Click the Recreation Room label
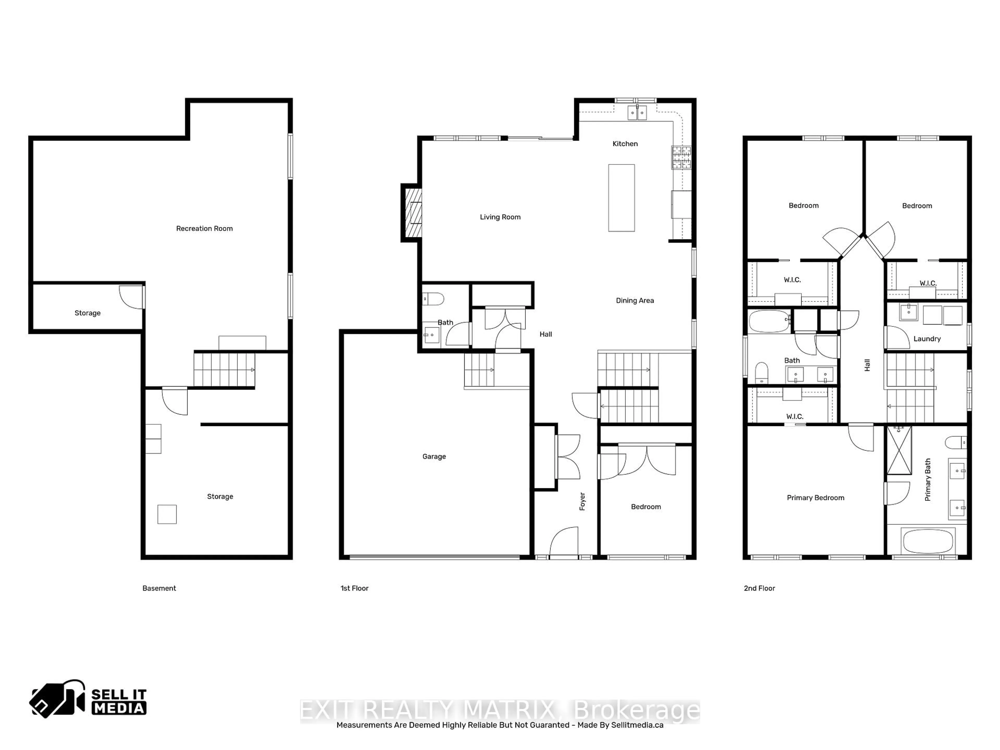[x=204, y=229]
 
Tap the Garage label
[x=434, y=457]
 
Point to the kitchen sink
[x=637, y=113]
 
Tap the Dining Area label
[x=635, y=301]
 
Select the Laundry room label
[x=927, y=339]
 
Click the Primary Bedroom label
[x=815, y=498]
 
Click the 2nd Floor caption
[x=759, y=588]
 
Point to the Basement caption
[x=159, y=588]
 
